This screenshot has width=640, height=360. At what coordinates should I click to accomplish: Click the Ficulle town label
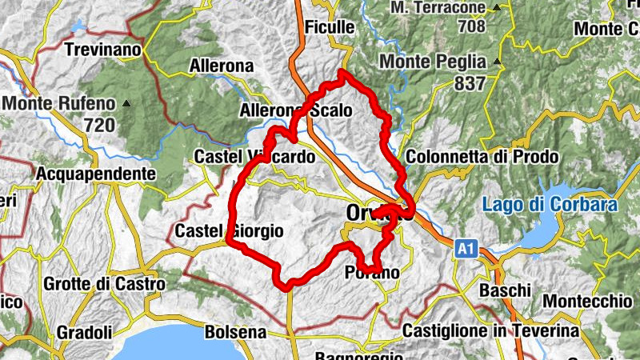click(330, 26)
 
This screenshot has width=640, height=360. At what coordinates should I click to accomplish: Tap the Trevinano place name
click(103, 50)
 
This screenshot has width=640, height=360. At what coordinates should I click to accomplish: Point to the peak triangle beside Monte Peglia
click(498, 62)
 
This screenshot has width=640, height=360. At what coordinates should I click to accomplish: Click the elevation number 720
click(99, 125)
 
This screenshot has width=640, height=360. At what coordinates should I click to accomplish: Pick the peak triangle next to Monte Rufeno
click(126, 102)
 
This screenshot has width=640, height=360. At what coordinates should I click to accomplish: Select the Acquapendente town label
click(96, 173)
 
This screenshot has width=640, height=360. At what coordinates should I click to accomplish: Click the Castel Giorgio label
click(229, 231)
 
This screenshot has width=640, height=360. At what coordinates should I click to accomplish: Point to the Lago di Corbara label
click(550, 205)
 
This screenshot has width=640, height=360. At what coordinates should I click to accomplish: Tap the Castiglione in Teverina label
click(491, 330)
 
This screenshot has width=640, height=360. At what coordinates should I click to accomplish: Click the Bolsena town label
click(235, 331)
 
